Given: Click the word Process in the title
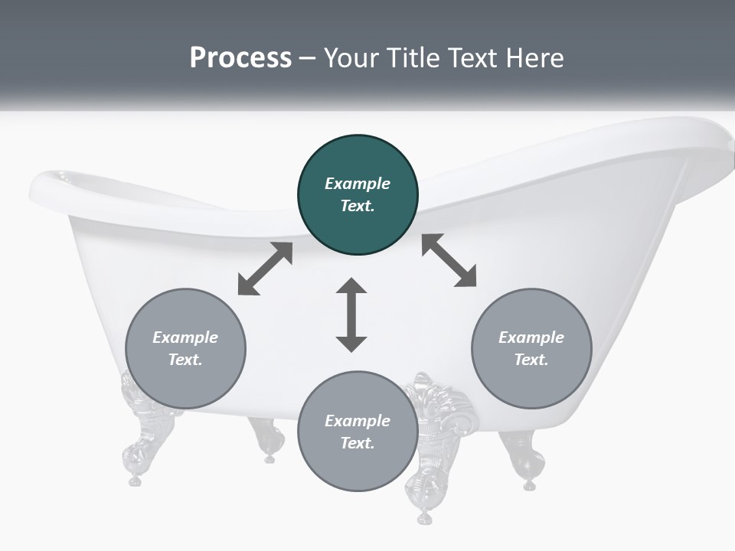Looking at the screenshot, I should point(240,57).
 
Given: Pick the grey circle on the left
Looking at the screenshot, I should point(185,348).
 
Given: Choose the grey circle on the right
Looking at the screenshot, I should point(531,348).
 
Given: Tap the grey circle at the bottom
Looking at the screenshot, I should point(358,431).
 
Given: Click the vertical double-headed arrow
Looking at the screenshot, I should point(351,315).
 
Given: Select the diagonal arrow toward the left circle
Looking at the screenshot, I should point(265,269).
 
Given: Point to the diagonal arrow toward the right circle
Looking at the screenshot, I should point(449,260).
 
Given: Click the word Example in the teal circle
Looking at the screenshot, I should point(358,184).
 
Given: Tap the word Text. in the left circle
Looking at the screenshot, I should point(185,360).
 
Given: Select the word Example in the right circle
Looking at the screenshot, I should point(531,337).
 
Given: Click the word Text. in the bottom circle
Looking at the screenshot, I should point(358,443).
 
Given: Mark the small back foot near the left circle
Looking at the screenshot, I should point(268,440).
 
